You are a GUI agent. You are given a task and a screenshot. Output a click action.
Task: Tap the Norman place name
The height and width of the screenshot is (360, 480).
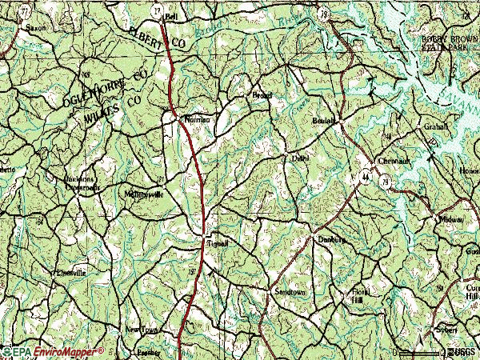click(197, 119)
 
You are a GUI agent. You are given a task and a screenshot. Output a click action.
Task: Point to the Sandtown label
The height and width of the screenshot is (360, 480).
click(290, 293)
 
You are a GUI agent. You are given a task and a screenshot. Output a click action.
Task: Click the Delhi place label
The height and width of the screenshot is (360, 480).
click(299, 158)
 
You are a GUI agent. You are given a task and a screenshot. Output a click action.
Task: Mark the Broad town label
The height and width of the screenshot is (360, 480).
click(262, 94)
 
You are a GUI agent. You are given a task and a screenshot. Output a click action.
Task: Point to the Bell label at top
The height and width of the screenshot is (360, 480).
click(170, 15)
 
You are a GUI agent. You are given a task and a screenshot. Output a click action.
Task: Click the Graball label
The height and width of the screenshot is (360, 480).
click(438, 126)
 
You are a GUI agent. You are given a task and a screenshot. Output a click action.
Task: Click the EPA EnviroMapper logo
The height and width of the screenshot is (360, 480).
click(53, 351)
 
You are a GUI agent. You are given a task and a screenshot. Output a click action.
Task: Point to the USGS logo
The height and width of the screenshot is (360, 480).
click(463, 351)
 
